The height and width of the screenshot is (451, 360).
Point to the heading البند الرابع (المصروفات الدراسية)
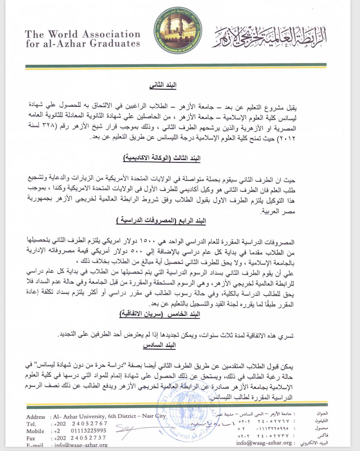pyautogui.click(x=161, y=221)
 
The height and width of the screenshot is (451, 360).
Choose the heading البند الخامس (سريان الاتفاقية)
pyautogui.click(x=160, y=314)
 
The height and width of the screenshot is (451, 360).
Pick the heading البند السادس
pyautogui.click(x=159, y=345)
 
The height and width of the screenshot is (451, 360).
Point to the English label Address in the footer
pyautogui.click(x=35, y=417)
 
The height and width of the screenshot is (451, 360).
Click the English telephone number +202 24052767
pyautogui.click(x=80, y=424)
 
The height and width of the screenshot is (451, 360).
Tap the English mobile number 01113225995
pyautogui.click(x=88, y=431)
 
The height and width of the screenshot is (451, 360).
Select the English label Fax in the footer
pyautogui.click(x=31, y=438)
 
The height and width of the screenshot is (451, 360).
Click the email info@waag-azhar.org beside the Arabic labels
pyautogui.click(x=264, y=443)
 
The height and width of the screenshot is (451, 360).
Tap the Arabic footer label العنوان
pyautogui.click(x=322, y=414)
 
